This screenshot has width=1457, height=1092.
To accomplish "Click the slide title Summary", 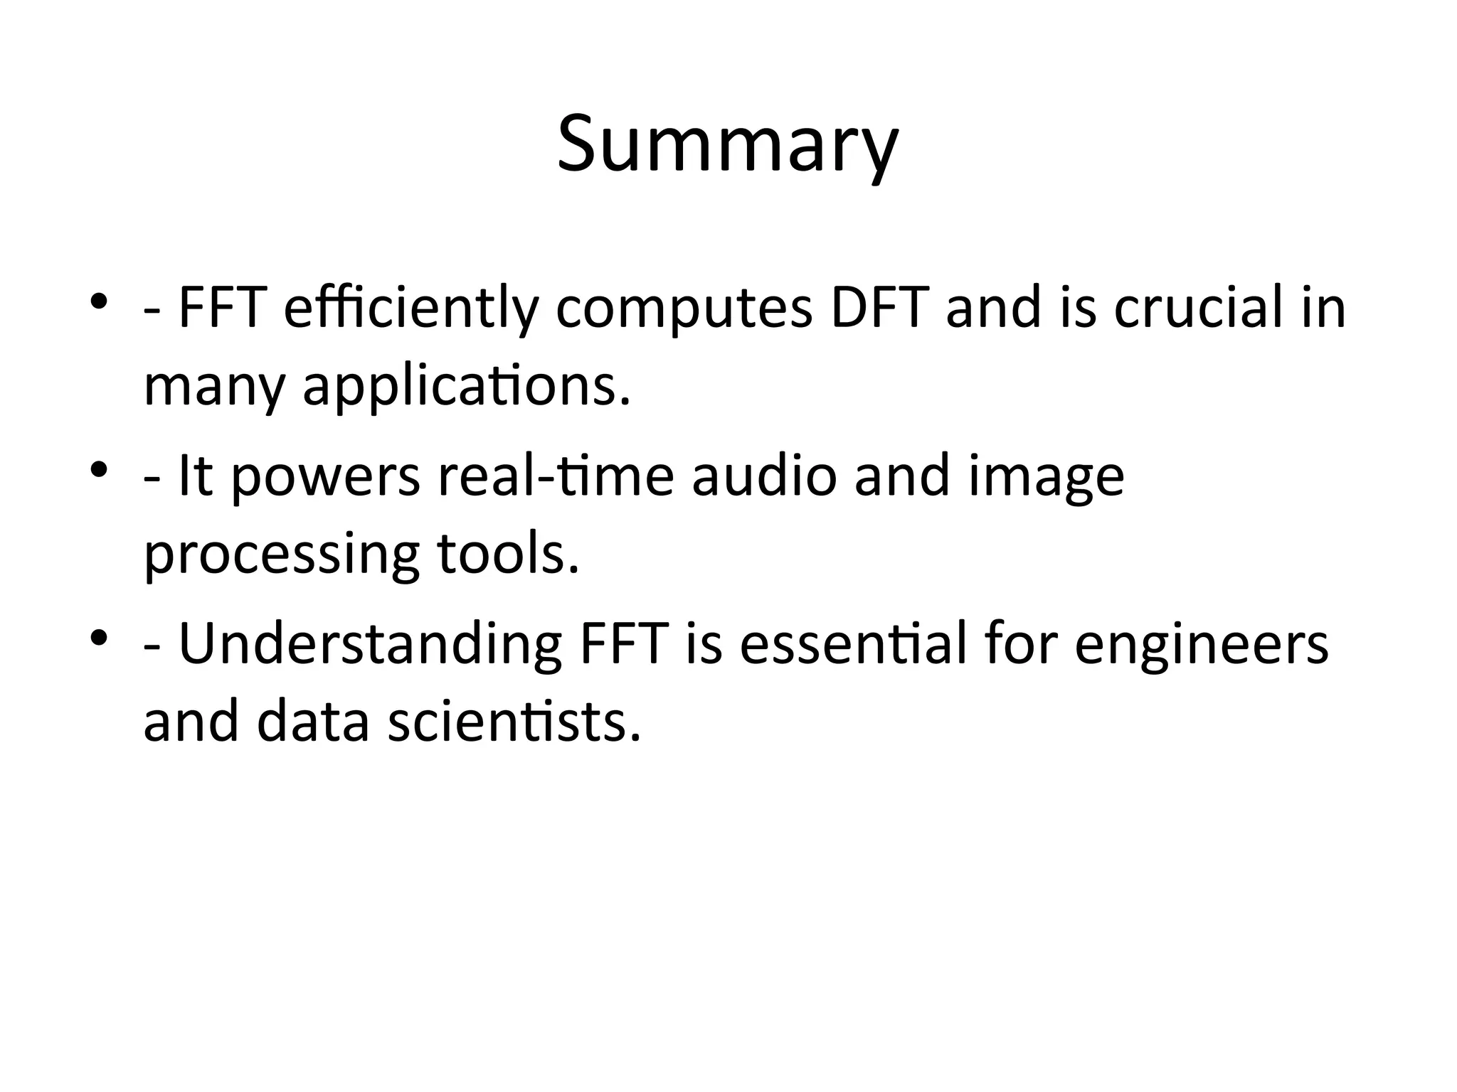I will [x=728, y=146].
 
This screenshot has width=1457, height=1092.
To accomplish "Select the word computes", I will [x=684, y=309].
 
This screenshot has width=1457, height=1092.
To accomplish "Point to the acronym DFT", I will [x=879, y=309].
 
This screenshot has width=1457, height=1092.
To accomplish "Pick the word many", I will [x=214, y=388].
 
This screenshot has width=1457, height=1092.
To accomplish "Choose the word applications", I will [x=467, y=388].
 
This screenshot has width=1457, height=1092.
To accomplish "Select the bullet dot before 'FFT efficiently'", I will [x=99, y=301].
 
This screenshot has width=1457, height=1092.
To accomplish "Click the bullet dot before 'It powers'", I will [x=99, y=469].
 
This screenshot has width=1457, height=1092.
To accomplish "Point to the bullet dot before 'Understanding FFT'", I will [x=99, y=636].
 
